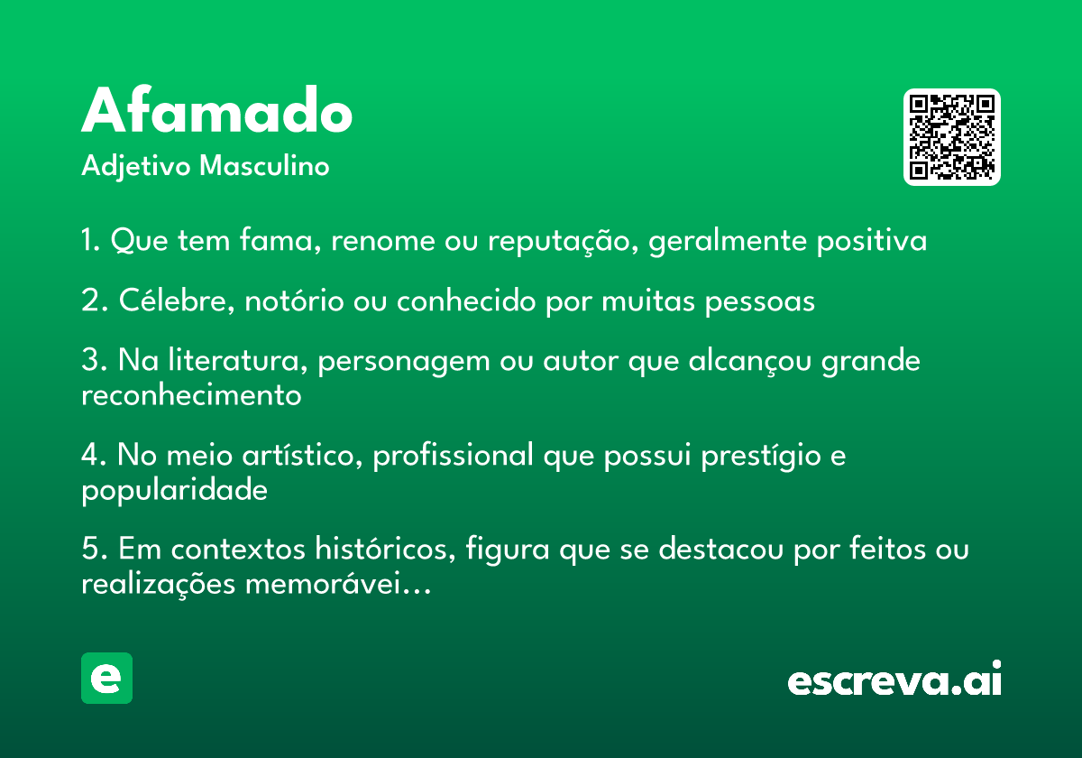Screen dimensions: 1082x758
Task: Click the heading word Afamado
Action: [x=217, y=109]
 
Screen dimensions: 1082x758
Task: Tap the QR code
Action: [x=951, y=137]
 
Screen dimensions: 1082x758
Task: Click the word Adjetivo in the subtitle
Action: [x=136, y=167]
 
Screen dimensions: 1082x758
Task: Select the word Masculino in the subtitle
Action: [x=264, y=166]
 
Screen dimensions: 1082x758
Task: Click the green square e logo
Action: [x=106, y=678]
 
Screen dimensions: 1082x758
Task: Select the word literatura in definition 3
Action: [x=238, y=360]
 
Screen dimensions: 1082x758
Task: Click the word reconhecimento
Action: [x=191, y=395]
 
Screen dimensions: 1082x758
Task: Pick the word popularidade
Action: [x=174, y=491]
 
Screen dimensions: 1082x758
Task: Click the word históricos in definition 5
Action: [x=385, y=549]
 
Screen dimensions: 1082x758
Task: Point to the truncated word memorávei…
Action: [x=338, y=584]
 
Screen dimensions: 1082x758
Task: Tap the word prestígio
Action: [x=761, y=456]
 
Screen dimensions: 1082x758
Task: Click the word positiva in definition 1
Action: [x=871, y=241]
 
